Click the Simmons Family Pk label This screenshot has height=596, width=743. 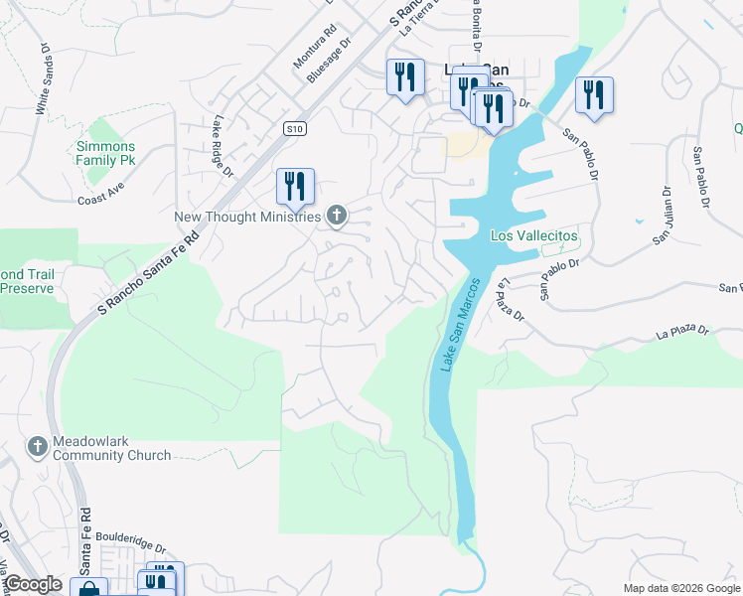[x=105, y=153]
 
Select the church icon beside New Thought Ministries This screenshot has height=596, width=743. [x=337, y=216]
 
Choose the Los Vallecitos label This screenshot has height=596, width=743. [x=534, y=235]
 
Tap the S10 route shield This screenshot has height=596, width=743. [x=293, y=128]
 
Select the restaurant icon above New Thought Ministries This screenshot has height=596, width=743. [x=295, y=185]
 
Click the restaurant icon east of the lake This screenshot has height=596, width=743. [x=594, y=94]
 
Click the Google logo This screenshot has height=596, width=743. [x=33, y=584]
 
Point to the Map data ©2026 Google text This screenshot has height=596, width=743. [x=680, y=587]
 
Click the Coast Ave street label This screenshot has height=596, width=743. [x=100, y=199]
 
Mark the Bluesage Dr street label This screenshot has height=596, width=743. [x=330, y=61]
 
